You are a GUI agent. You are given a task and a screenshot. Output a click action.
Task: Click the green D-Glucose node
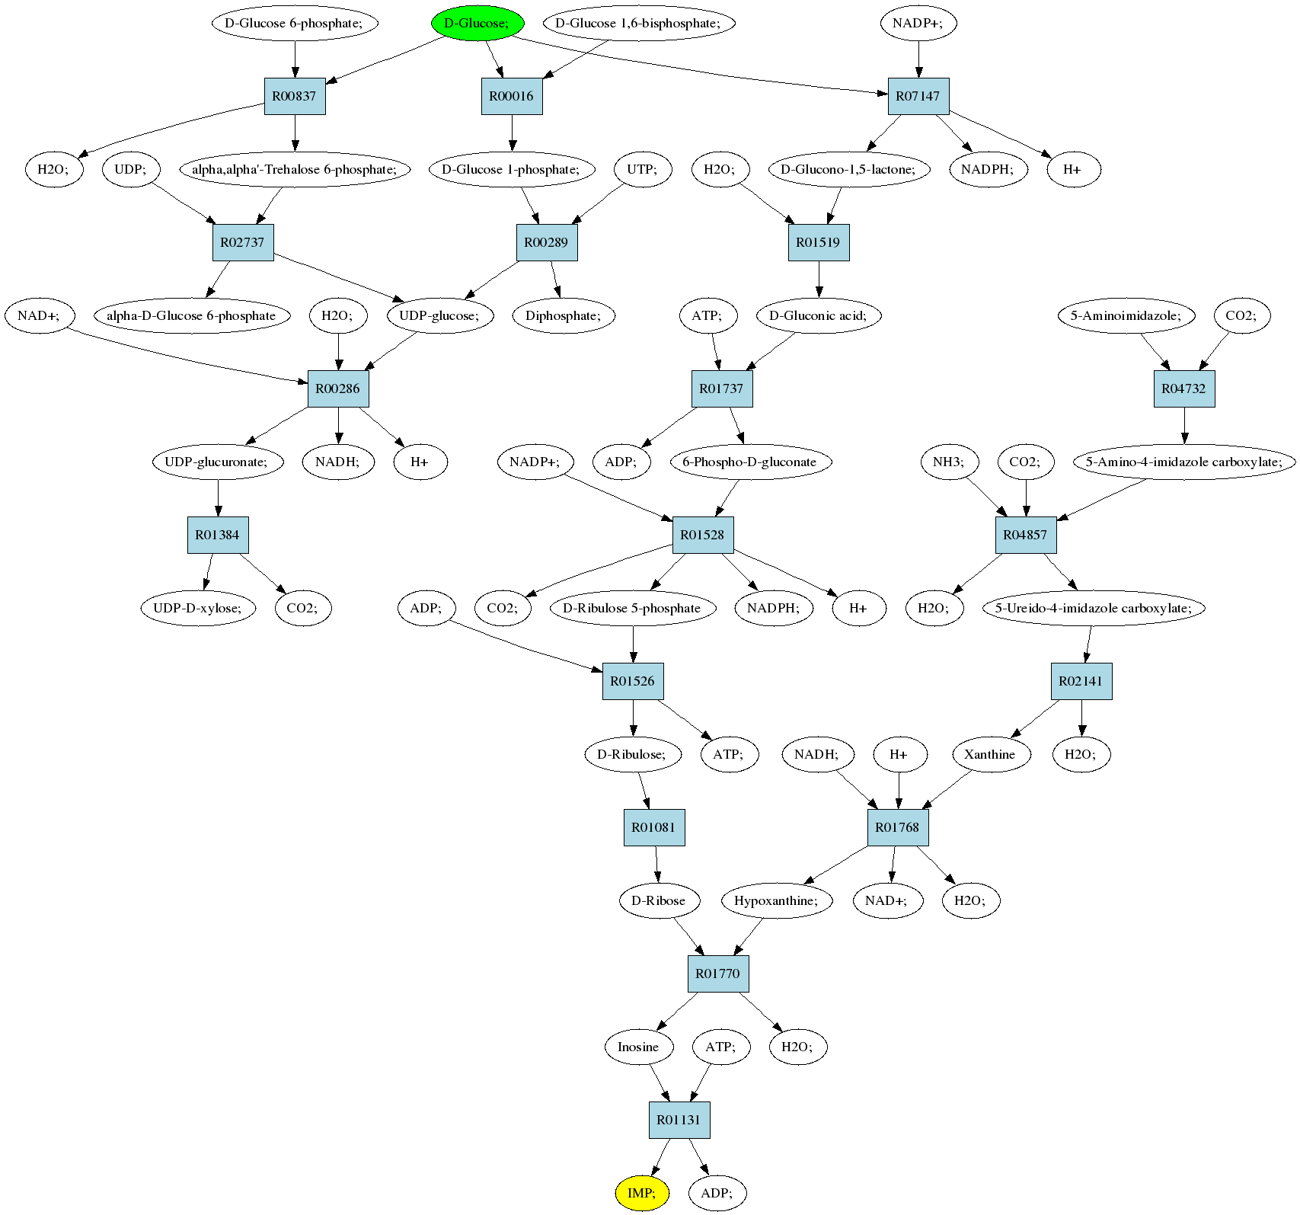[x=478, y=23]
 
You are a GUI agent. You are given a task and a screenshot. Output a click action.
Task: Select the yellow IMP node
[x=642, y=1193]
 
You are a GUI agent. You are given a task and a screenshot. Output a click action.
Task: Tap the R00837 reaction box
[x=295, y=96]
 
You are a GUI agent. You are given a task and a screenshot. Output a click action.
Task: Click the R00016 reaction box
[x=512, y=96]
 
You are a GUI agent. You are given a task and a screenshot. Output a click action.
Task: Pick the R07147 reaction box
[x=918, y=96]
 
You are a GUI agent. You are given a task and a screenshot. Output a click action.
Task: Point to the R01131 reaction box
[x=679, y=1120]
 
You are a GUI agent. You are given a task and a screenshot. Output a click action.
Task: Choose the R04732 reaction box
[x=1184, y=388]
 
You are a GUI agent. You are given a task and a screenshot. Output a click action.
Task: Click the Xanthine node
[x=991, y=754]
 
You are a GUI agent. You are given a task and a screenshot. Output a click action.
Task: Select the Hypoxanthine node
[x=777, y=900]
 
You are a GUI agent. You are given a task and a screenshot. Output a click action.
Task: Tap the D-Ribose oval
[x=659, y=900]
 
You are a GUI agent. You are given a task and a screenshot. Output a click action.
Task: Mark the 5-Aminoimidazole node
[x=1126, y=315]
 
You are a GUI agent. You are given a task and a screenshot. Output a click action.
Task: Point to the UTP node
[x=642, y=169]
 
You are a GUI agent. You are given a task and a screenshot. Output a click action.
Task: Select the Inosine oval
[x=638, y=1047]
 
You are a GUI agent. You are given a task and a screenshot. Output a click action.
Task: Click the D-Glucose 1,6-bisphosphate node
[x=638, y=23]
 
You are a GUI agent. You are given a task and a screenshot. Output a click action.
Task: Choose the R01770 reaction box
[x=718, y=974]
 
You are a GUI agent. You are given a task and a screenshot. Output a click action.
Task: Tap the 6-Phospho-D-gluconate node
[x=750, y=462]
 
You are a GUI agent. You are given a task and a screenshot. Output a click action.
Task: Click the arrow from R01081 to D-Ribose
[x=656, y=865]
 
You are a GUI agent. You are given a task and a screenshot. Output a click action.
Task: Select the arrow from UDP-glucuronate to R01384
[x=219, y=497]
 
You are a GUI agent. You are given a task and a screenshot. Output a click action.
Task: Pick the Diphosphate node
[x=564, y=315]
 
